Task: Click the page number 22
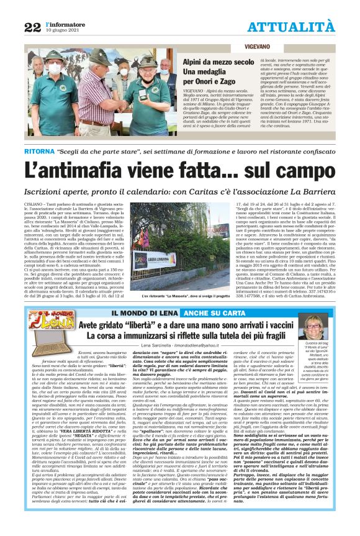point(32,27)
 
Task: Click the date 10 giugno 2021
point(63,30)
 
